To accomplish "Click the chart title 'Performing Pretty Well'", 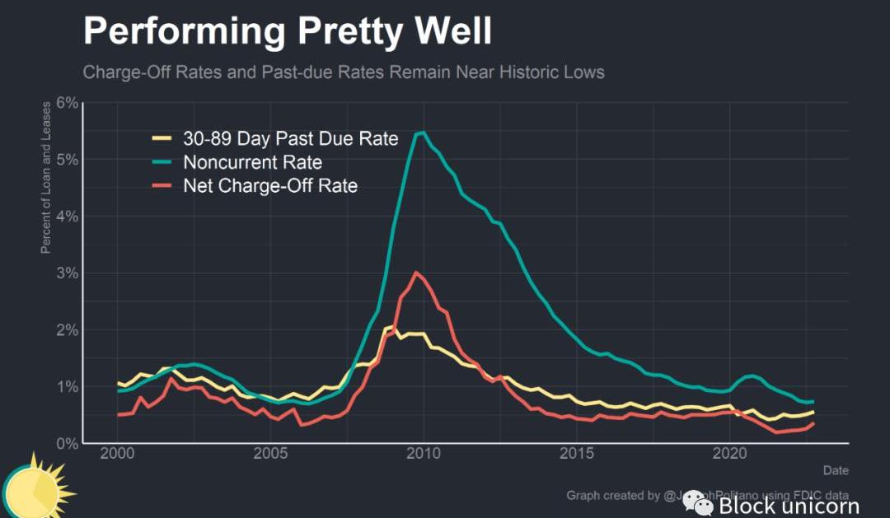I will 287,32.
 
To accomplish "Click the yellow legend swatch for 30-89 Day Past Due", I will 164,139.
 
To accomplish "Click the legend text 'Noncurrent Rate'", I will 252,162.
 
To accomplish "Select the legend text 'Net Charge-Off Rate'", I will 270,186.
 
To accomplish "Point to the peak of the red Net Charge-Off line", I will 416,273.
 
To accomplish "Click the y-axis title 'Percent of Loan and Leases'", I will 47,176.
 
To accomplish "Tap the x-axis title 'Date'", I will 835,469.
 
